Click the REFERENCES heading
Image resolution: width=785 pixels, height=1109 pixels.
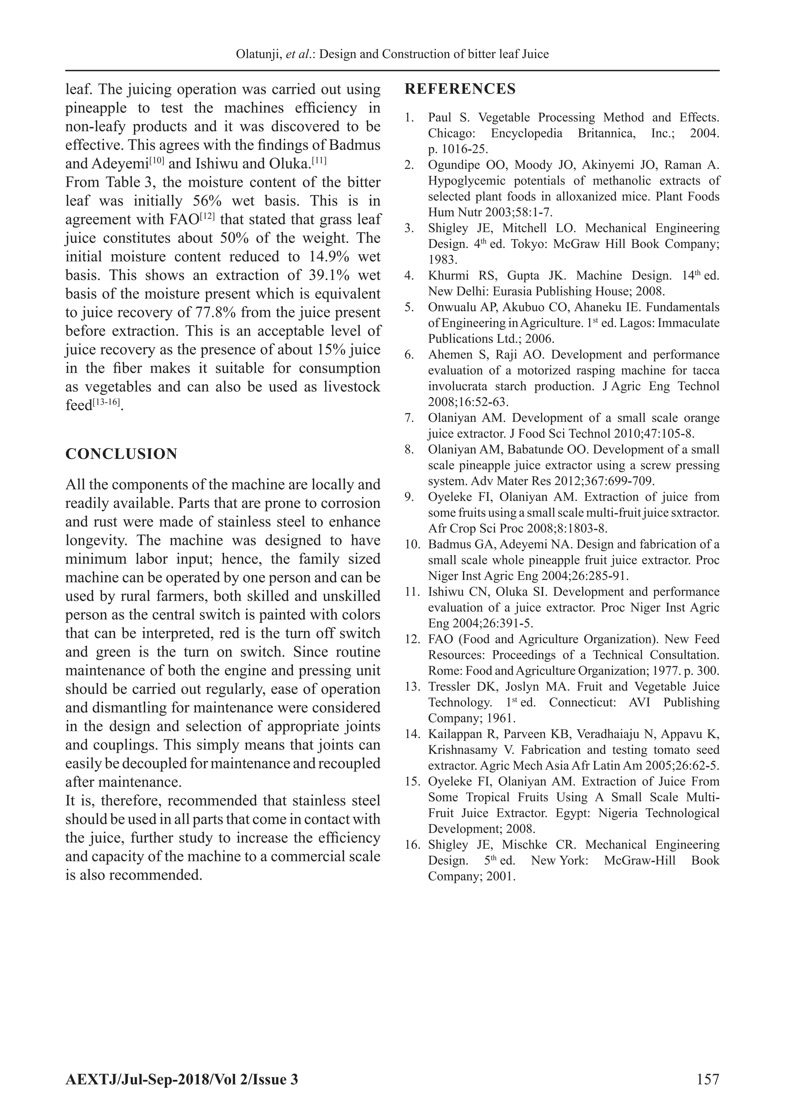pyautogui.click(x=460, y=89)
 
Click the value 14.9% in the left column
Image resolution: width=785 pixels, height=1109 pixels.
pyautogui.click(x=329, y=257)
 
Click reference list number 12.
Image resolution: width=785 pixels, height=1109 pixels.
pyautogui.click(x=412, y=639)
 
